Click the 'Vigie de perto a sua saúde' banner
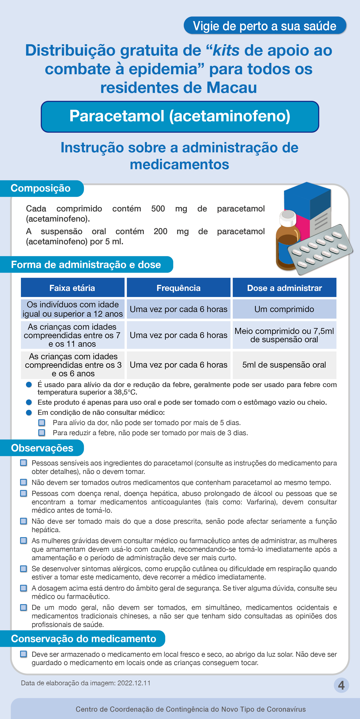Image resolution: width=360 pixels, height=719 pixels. click(265, 26)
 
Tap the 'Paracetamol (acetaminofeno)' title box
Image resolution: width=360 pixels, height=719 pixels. click(180, 116)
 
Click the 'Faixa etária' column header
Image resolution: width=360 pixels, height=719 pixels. click(72, 288)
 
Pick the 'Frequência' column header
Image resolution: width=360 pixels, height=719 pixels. click(178, 288)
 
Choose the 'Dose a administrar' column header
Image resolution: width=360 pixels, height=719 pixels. click(284, 288)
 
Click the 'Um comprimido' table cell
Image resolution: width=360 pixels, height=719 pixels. click(284, 309)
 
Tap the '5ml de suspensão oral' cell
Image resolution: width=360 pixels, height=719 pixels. click(284, 365)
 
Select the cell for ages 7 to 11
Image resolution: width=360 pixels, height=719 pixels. click(72, 335)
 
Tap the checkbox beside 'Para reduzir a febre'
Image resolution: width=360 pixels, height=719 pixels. click(42, 433)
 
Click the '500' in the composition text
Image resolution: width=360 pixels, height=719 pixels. click(158, 209)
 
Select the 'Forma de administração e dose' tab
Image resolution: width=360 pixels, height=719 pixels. click(86, 265)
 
